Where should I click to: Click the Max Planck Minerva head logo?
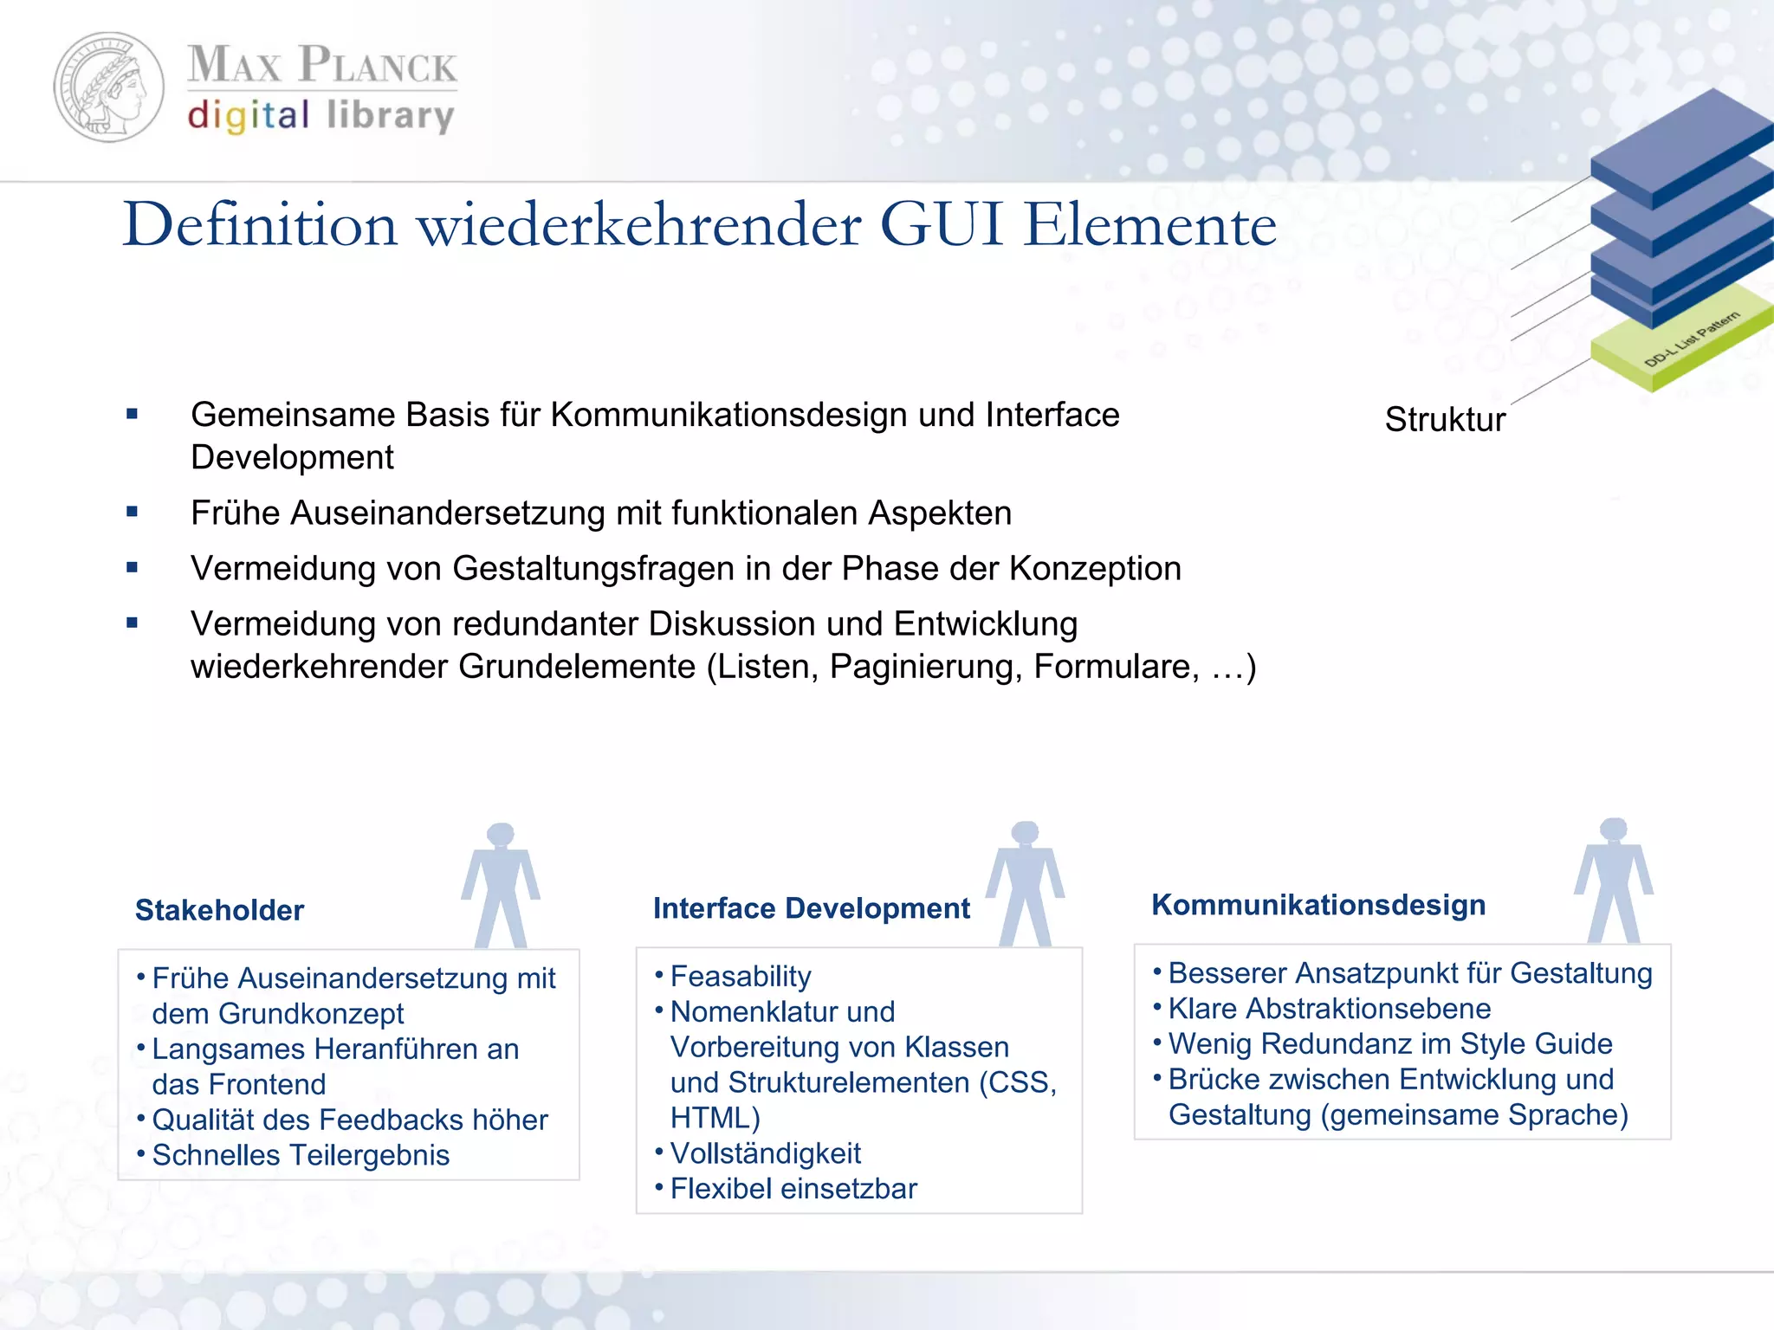click(x=109, y=87)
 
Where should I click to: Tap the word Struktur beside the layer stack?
click(x=1445, y=420)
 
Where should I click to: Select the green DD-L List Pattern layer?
click(x=1680, y=346)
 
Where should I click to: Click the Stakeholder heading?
click(x=220, y=911)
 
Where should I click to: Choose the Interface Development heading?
click(x=811, y=908)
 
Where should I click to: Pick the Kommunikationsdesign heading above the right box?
click(x=1318, y=905)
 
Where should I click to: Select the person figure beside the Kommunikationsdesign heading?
click(x=1614, y=879)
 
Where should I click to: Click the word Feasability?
click(x=741, y=977)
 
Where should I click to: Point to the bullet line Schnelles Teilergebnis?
click(x=301, y=1156)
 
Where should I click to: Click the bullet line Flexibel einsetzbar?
click(x=793, y=1189)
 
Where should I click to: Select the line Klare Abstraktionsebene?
click(x=1330, y=1009)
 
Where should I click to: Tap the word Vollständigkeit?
click(x=766, y=1153)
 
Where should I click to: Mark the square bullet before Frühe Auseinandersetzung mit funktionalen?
click(x=133, y=513)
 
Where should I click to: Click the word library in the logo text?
click(x=391, y=116)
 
